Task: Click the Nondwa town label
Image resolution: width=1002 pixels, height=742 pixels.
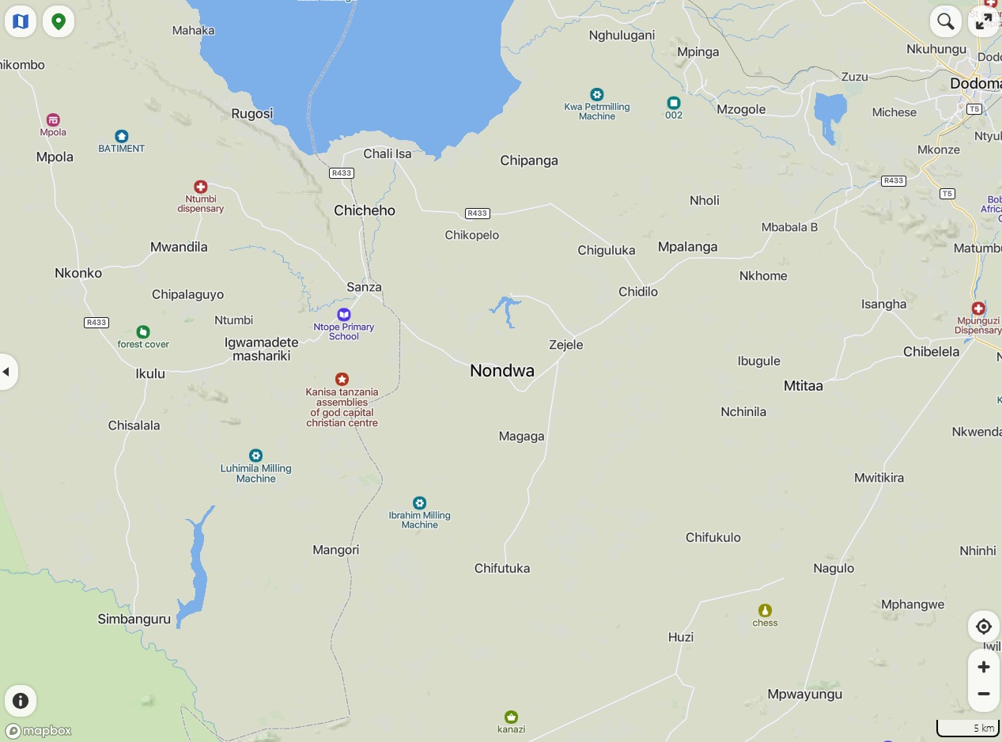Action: point(502,370)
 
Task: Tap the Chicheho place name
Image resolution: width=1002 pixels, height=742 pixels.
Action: point(365,210)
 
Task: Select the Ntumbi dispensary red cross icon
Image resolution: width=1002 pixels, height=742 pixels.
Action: point(201,187)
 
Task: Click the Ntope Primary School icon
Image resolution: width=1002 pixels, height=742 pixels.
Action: point(343,315)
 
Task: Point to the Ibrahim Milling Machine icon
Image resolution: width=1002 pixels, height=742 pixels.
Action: point(419,503)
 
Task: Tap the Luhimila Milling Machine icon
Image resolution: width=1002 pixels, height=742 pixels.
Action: point(255,456)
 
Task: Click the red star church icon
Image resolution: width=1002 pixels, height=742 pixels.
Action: point(342,380)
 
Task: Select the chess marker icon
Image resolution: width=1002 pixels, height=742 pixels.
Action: point(765,611)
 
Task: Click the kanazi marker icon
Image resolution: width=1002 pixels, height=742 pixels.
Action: point(511,717)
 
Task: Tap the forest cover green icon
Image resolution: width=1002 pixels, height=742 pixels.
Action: point(143,332)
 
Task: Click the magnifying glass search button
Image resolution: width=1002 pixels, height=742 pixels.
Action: point(945,21)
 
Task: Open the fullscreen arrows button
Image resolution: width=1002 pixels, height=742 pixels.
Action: point(984,21)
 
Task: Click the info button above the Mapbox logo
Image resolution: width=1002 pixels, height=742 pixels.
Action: point(21,700)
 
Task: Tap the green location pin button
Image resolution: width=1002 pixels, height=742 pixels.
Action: point(59,21)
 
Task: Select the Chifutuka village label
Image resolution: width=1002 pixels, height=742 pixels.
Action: point(502,568)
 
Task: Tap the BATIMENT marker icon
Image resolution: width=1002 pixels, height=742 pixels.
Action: point(121,136)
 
